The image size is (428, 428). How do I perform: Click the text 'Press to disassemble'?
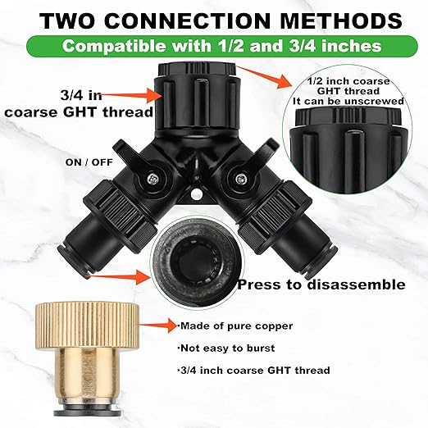point(321,285)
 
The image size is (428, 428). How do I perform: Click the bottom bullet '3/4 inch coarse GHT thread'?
point(254,371)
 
